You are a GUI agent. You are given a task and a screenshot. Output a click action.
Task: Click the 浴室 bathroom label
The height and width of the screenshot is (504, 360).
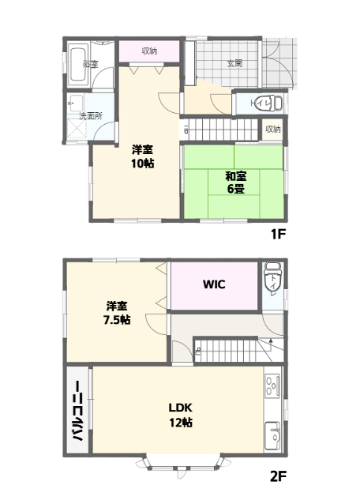click(x=90, y=64)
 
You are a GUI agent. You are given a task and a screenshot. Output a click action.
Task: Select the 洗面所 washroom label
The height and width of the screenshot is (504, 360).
click(x=91, y=116)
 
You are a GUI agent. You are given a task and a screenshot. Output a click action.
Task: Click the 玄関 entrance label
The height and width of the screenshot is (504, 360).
click(x=234, y=63)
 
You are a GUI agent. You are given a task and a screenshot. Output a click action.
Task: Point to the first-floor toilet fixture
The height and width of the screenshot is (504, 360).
click(x=271, y=103)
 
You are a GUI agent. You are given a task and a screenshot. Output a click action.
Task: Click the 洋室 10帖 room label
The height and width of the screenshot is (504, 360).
click(x=142, y=156)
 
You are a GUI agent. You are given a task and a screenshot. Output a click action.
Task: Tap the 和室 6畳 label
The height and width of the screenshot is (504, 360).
click(x=236, y=182)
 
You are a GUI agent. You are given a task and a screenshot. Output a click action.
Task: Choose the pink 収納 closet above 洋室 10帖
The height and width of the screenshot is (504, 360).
click(x=149, y=51)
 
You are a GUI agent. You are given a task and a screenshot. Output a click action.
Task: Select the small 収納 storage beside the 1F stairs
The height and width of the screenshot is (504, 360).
click(x=273, y=130)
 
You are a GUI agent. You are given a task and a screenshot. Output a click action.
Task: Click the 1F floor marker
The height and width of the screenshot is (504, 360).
click(x=278, y=234)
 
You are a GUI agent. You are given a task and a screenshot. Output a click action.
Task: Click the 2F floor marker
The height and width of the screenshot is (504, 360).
click(x=278, y=476)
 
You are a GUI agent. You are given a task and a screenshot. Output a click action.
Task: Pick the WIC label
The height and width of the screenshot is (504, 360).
click(x=214, y=284)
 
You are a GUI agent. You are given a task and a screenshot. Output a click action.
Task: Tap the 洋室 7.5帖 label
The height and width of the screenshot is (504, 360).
click(x=117, y=313)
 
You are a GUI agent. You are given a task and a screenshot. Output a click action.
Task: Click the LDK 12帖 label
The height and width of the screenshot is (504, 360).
click(x=181, y=415)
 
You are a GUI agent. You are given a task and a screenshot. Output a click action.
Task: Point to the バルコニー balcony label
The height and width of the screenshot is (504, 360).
click(x=77, y=411)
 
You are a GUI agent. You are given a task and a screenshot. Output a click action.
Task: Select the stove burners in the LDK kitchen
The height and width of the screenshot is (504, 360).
click(x=272, y=386)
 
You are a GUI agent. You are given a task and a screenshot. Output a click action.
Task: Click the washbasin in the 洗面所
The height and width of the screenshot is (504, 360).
click(x=76, y=103)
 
